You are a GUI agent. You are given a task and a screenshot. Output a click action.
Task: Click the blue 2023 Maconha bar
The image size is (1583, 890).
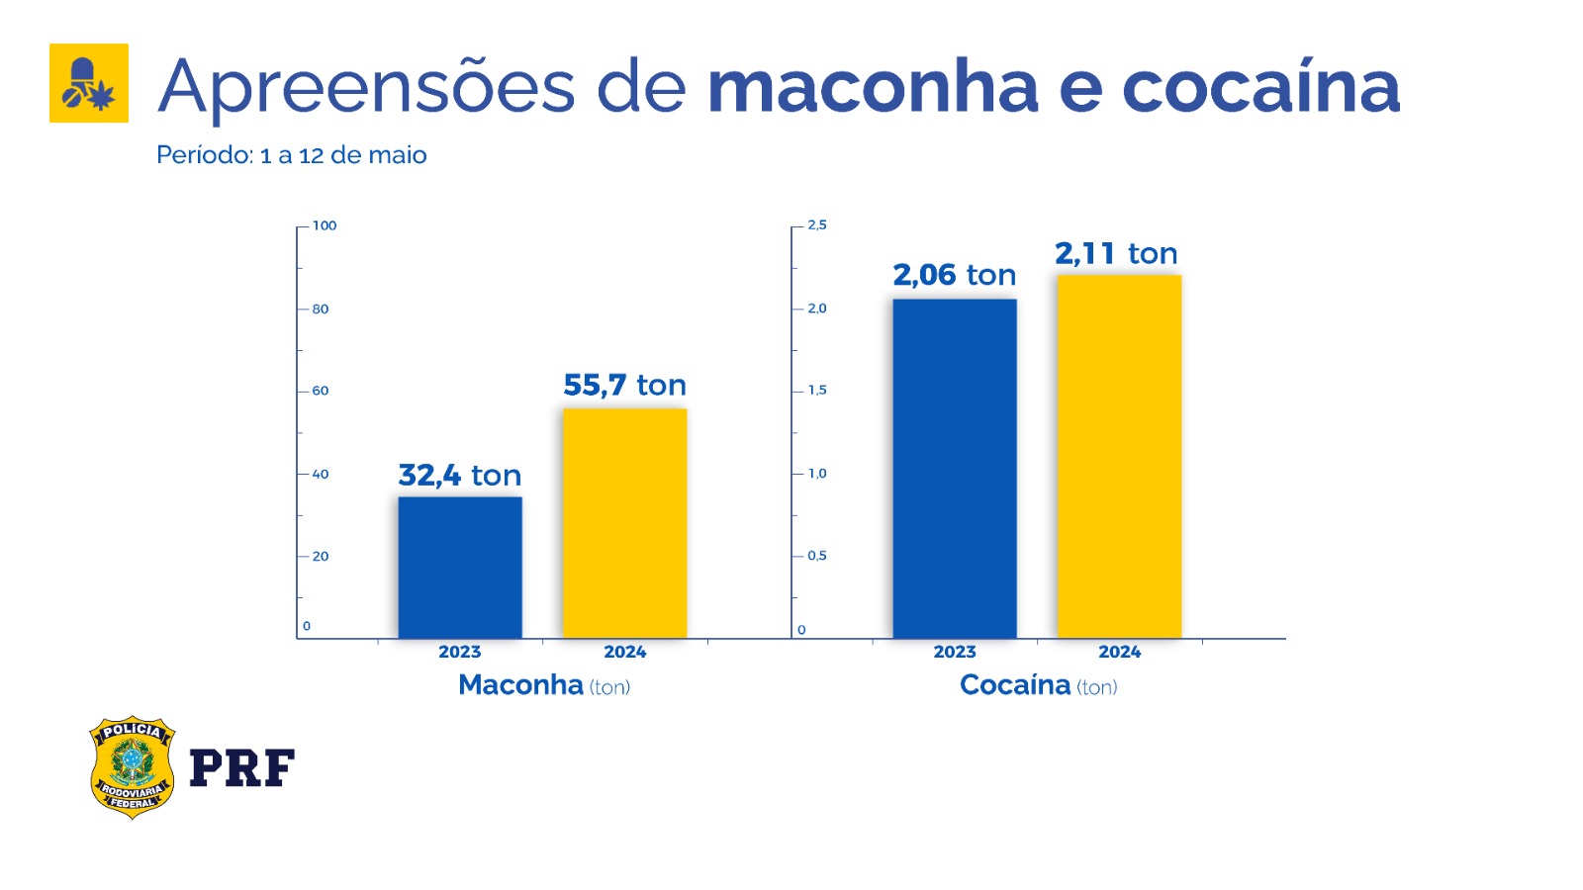point(460,568)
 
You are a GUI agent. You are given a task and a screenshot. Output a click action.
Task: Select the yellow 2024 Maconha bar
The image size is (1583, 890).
point(624,523)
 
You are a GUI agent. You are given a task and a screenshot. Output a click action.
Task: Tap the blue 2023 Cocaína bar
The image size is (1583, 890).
point(955,469)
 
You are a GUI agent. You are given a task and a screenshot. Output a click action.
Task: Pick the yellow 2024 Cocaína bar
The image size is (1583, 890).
point(1119,457)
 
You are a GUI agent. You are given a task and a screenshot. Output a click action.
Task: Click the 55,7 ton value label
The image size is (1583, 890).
point(624,385)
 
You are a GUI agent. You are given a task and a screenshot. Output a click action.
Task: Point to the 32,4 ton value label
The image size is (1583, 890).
point(460,476)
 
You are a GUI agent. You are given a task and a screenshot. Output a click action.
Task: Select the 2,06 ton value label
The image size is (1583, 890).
point(955,275)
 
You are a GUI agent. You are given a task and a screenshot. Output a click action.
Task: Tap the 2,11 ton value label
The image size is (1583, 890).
point(1116,254)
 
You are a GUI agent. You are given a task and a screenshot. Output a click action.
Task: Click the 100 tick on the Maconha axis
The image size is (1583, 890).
point(324,225)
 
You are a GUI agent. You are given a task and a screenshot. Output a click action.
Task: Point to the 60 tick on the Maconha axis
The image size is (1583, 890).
point(320,391)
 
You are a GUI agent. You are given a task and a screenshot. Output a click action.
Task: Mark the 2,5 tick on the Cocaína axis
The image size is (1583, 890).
point(817,225)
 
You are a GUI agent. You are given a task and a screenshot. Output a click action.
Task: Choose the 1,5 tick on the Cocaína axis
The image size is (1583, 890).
point(817,391)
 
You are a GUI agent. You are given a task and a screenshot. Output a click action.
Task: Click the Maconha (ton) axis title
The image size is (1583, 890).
point(544,685)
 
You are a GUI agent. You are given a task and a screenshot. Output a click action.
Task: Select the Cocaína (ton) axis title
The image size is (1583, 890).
point(1039,685)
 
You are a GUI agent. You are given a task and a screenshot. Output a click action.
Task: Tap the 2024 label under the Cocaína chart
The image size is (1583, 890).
point(1119,652)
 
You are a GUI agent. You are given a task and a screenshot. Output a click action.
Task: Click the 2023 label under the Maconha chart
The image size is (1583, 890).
point(460,652)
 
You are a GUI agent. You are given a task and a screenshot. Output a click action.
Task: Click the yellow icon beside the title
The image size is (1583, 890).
point(89,83)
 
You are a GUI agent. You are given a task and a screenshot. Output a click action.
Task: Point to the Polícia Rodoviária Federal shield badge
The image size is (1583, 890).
point(132,767)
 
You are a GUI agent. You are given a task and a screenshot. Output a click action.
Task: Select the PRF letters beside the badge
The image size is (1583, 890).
point(241,768)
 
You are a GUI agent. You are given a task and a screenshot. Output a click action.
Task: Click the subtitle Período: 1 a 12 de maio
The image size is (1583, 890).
point(292,155)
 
